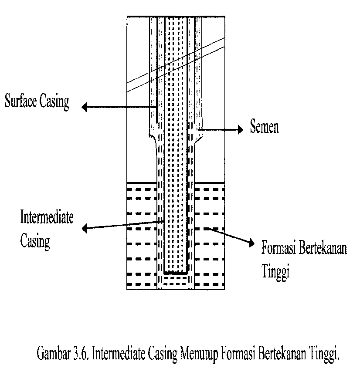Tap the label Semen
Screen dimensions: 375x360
click(x=264, y=127)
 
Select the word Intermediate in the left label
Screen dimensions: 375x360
click(x=47, y=217)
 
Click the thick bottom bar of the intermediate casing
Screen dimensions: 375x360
click(x=176, y=273)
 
